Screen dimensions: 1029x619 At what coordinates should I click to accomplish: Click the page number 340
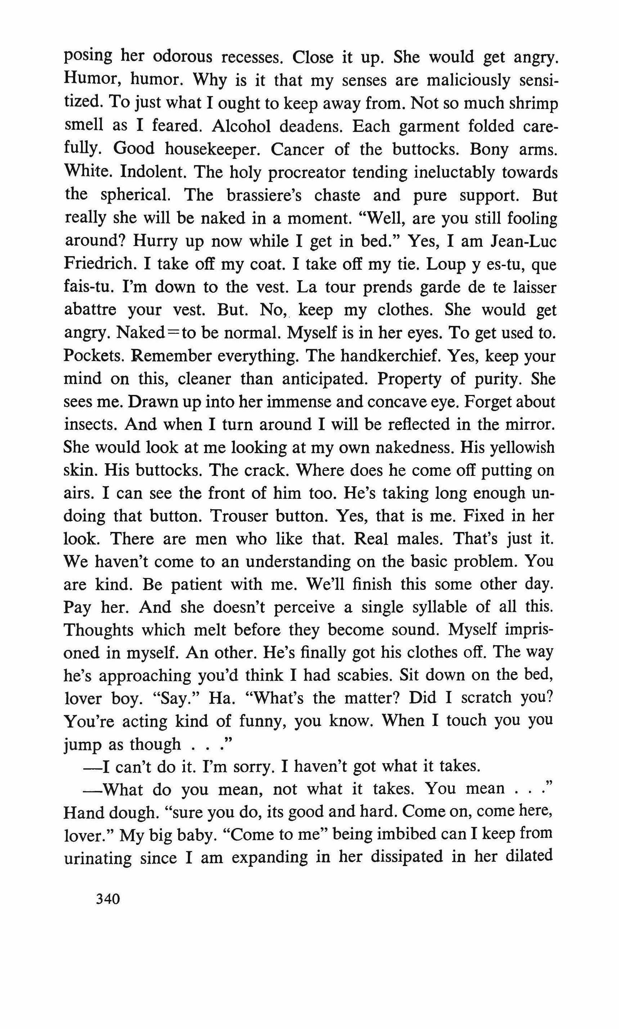[108, 898]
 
